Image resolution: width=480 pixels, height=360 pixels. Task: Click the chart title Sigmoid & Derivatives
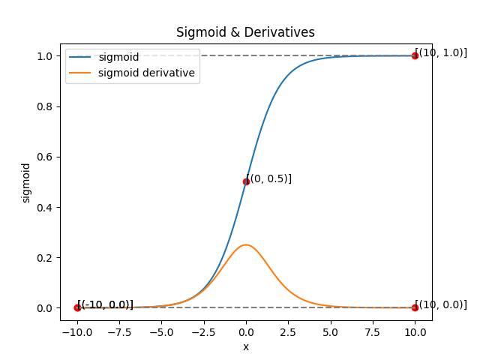(245, 33)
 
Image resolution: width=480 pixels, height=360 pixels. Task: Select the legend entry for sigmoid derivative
(146, 73)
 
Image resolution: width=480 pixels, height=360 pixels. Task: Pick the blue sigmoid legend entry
(118, 57)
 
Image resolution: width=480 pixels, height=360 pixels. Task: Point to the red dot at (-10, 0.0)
(77, 307)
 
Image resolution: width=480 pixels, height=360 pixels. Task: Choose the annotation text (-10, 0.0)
(106, 304)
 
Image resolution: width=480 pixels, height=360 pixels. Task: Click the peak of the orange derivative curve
(246, 244)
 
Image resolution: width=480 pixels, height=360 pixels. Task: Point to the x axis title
(246, 346)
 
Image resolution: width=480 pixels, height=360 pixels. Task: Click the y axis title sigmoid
(26, 182)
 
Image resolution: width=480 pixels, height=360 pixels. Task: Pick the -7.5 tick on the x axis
(119, 331)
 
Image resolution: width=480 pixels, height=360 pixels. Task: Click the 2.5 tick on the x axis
(288, 331)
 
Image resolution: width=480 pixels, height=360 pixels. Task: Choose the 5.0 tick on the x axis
(331, 331)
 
